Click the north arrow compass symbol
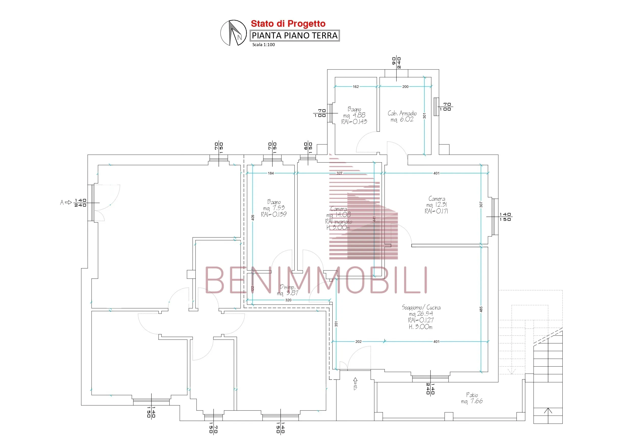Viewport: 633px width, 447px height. click(x=233, y=33)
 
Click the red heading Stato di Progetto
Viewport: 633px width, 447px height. click(x=288, y=24)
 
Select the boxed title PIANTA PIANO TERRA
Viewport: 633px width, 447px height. click(x=295, y=35)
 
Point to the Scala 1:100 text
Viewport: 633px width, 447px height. click(x=263, y=45)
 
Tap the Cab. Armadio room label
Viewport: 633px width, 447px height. click(x=402, y=116)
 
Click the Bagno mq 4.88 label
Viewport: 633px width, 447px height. click(x=354, y=115)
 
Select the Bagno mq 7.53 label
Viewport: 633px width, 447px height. click(x=274, y=208)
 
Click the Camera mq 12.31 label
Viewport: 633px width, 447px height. click(x=436, y=205)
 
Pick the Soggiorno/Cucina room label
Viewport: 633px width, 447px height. click(x=421, y=317)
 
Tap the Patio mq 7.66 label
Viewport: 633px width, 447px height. click(x=472, y=398)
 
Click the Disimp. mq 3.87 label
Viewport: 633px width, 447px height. click(x=287, y=290)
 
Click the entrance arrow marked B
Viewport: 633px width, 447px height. click(x=355, y=383)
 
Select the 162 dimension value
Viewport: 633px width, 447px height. click(x=356, y=87)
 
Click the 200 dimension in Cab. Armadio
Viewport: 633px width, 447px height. click(x=405, y=87)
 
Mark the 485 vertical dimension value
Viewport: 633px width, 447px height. click(x=481, y=309)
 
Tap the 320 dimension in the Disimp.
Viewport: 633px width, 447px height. click(x=288, y=300)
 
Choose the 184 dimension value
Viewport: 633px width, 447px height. click(x=271, y=173)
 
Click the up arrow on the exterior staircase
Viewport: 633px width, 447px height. click(x=548, y=411)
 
